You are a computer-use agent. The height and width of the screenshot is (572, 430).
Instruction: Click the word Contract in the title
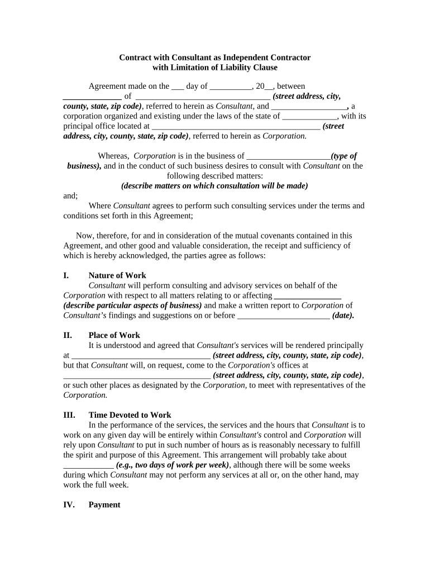pos(135,58)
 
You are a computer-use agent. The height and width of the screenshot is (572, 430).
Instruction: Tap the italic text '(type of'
pos(344,156)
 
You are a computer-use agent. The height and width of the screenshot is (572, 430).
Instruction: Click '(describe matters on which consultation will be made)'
pos(214,185)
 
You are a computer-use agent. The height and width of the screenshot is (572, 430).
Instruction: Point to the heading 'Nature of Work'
pos(117,275)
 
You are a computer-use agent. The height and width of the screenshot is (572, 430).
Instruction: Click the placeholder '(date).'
pos(343,315)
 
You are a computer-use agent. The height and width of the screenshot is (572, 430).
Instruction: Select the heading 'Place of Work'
pos(114,335)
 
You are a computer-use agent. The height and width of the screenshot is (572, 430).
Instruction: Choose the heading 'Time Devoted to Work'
pos(130,415)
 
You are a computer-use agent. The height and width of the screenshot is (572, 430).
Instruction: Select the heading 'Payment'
pos(104,504)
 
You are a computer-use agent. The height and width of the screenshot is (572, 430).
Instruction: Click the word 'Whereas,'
pos(114,156)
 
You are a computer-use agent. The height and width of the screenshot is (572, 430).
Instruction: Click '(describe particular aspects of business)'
pos(132,305)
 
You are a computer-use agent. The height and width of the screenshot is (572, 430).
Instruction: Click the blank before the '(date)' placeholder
pos(284,316)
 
